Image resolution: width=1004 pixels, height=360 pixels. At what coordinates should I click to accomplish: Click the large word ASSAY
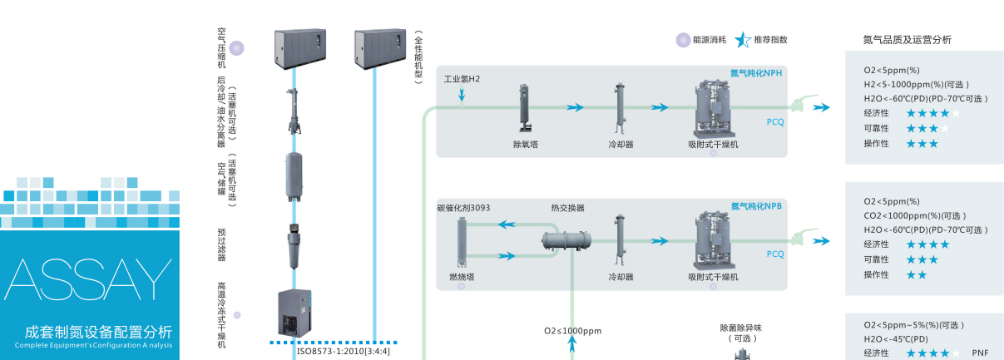point(89,279)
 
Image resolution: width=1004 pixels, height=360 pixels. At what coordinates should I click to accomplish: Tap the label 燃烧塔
point(462,276)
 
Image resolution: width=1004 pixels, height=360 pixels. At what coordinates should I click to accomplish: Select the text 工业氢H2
point(462,80)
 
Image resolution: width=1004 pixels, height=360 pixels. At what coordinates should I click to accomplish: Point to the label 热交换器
point(567,208)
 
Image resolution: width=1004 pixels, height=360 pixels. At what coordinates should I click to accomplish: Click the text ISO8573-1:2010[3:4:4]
point(343,351)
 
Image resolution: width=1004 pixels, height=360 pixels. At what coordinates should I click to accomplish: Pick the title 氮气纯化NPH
point(756,73)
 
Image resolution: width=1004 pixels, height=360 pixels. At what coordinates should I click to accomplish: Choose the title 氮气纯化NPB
point(756,206)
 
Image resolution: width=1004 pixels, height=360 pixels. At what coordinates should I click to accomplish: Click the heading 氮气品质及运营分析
point(907,39)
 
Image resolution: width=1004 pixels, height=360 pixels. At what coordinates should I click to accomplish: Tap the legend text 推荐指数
point(770,39)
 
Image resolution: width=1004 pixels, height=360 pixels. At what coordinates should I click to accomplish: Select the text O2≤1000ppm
point(572,331)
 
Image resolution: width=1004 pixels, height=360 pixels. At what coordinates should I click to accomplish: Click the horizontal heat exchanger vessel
point(567,240)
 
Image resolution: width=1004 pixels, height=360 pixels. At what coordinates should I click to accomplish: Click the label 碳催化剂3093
point(463,208)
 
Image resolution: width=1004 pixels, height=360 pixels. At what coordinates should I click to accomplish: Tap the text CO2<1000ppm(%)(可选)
point(914,215)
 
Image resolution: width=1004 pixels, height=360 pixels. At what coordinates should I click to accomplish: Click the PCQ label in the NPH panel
point(774,121)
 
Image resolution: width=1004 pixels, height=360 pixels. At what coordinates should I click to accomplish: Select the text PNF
point(980,353)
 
